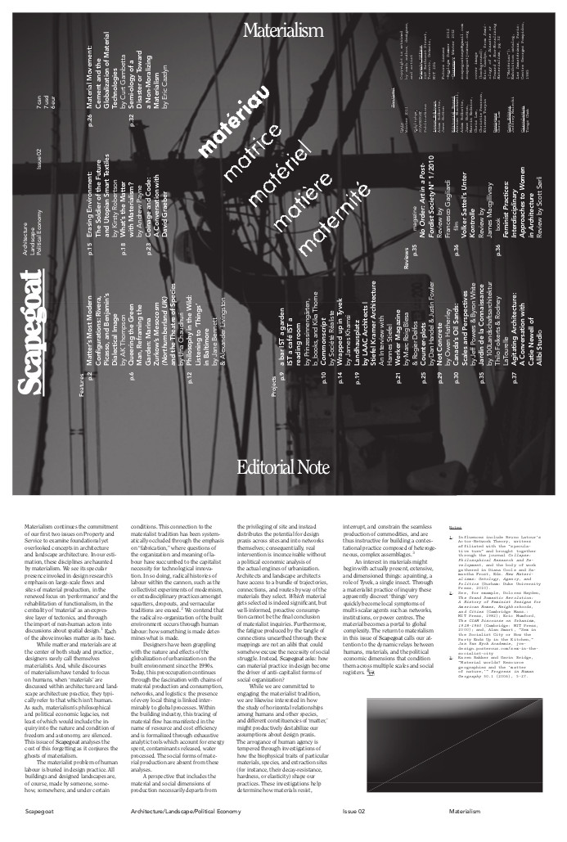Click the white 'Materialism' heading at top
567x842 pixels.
pos(282,31)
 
